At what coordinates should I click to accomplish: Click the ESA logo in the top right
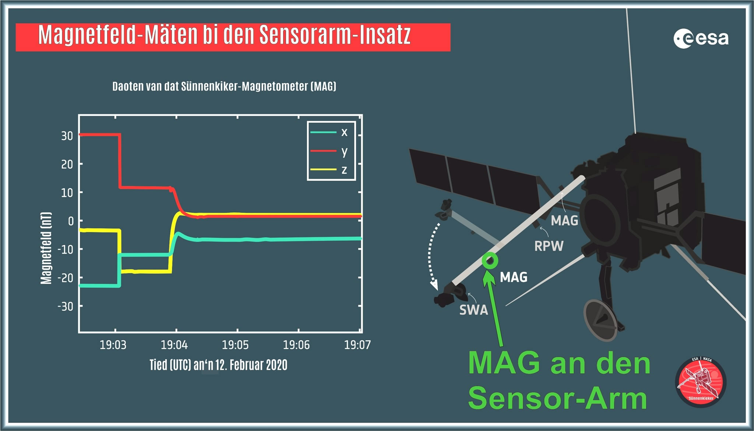tap(701, 39)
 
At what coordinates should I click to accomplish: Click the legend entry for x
tap(329, 132)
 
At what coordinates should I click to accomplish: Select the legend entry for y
tap(329, 151)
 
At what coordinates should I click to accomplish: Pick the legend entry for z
tap(329, 170)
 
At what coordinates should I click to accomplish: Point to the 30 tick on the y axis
tap(67, 136)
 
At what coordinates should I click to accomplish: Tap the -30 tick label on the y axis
tap(65, 306)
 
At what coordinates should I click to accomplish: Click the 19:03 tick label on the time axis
tap(113, 345)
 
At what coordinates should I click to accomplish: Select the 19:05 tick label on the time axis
tap(235, 345)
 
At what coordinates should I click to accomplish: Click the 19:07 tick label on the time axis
tap(357, 345)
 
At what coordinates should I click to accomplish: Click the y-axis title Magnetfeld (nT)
tap(46, 248)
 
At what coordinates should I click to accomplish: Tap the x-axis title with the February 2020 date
tap(218, 365)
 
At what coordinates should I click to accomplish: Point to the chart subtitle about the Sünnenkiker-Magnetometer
tap(224, 86)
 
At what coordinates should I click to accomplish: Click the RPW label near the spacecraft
tap(549, 246)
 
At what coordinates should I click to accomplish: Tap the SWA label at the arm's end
tap(473, 310)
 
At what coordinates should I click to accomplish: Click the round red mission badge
tap(701, 382)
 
